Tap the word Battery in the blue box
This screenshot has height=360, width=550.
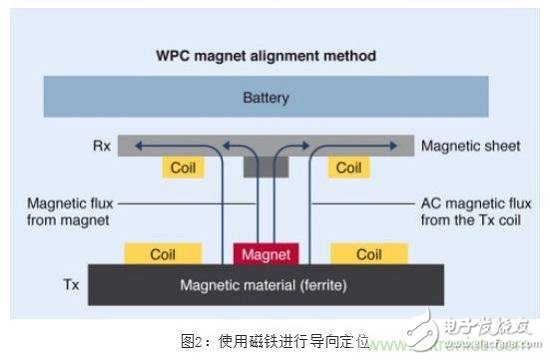click(x=265, y=99)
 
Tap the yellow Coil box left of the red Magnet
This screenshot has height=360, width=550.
click(x=168, y=255)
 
